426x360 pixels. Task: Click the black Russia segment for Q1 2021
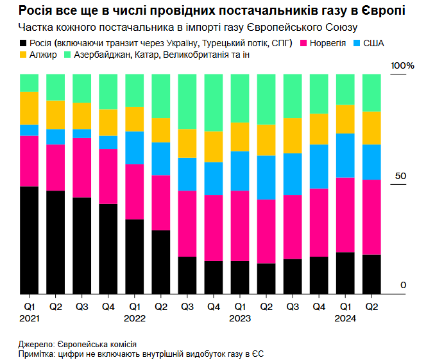(x=29, y=240)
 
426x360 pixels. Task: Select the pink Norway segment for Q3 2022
(x=187, y=223)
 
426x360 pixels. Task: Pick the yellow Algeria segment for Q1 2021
(x=29, y=108)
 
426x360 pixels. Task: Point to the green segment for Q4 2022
(x=213, y=103)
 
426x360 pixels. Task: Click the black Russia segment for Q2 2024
(x=371, y=274)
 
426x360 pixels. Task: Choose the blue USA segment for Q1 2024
(x=345, y=155)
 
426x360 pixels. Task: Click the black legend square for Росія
(x=24, y=43)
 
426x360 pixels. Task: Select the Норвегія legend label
(x=328, y=43)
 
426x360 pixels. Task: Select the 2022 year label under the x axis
(x=134, y=318)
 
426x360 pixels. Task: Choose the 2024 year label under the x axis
(x=345, y=318)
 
